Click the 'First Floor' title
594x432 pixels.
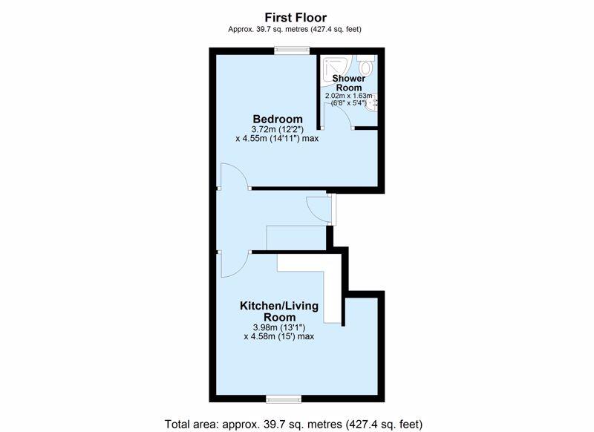[296, 16]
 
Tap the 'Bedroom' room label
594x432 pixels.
[278, 120]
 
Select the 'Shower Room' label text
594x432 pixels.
[347, 82]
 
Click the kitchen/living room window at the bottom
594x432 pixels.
[284, 399]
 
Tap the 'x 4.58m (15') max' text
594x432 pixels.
[279, 336]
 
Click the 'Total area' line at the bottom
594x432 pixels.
[294, 424]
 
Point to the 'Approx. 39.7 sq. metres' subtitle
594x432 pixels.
[296, 29]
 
